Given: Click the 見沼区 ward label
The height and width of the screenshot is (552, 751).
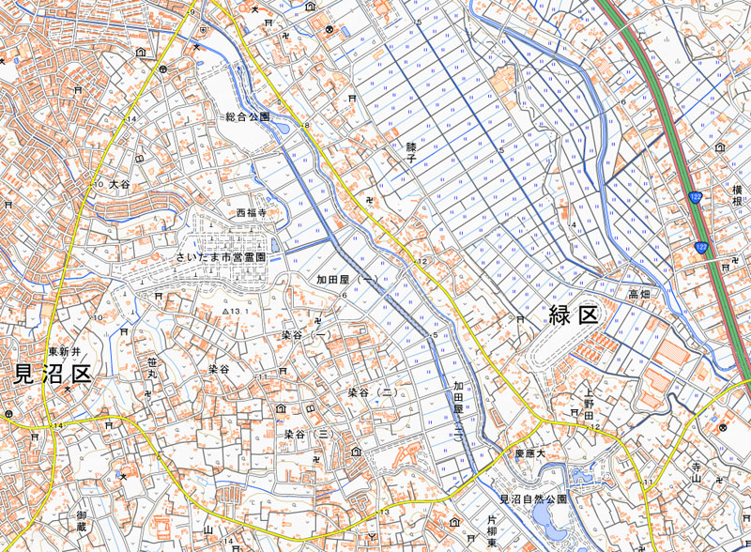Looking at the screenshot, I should [52, 376].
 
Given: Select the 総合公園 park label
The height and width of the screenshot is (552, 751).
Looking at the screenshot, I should [247, 117].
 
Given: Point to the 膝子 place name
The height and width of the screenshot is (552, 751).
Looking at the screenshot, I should [410, 153].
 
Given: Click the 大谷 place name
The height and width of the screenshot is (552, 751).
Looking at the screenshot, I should [119, 185].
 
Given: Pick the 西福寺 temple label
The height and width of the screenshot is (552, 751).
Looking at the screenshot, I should [252, 213].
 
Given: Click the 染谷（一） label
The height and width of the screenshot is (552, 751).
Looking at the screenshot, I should [306, 335].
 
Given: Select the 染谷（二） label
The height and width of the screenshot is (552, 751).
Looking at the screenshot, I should [371, 391].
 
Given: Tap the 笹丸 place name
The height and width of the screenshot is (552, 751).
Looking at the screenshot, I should [151, 368].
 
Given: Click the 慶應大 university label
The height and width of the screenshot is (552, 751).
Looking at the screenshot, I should [529, 453].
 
